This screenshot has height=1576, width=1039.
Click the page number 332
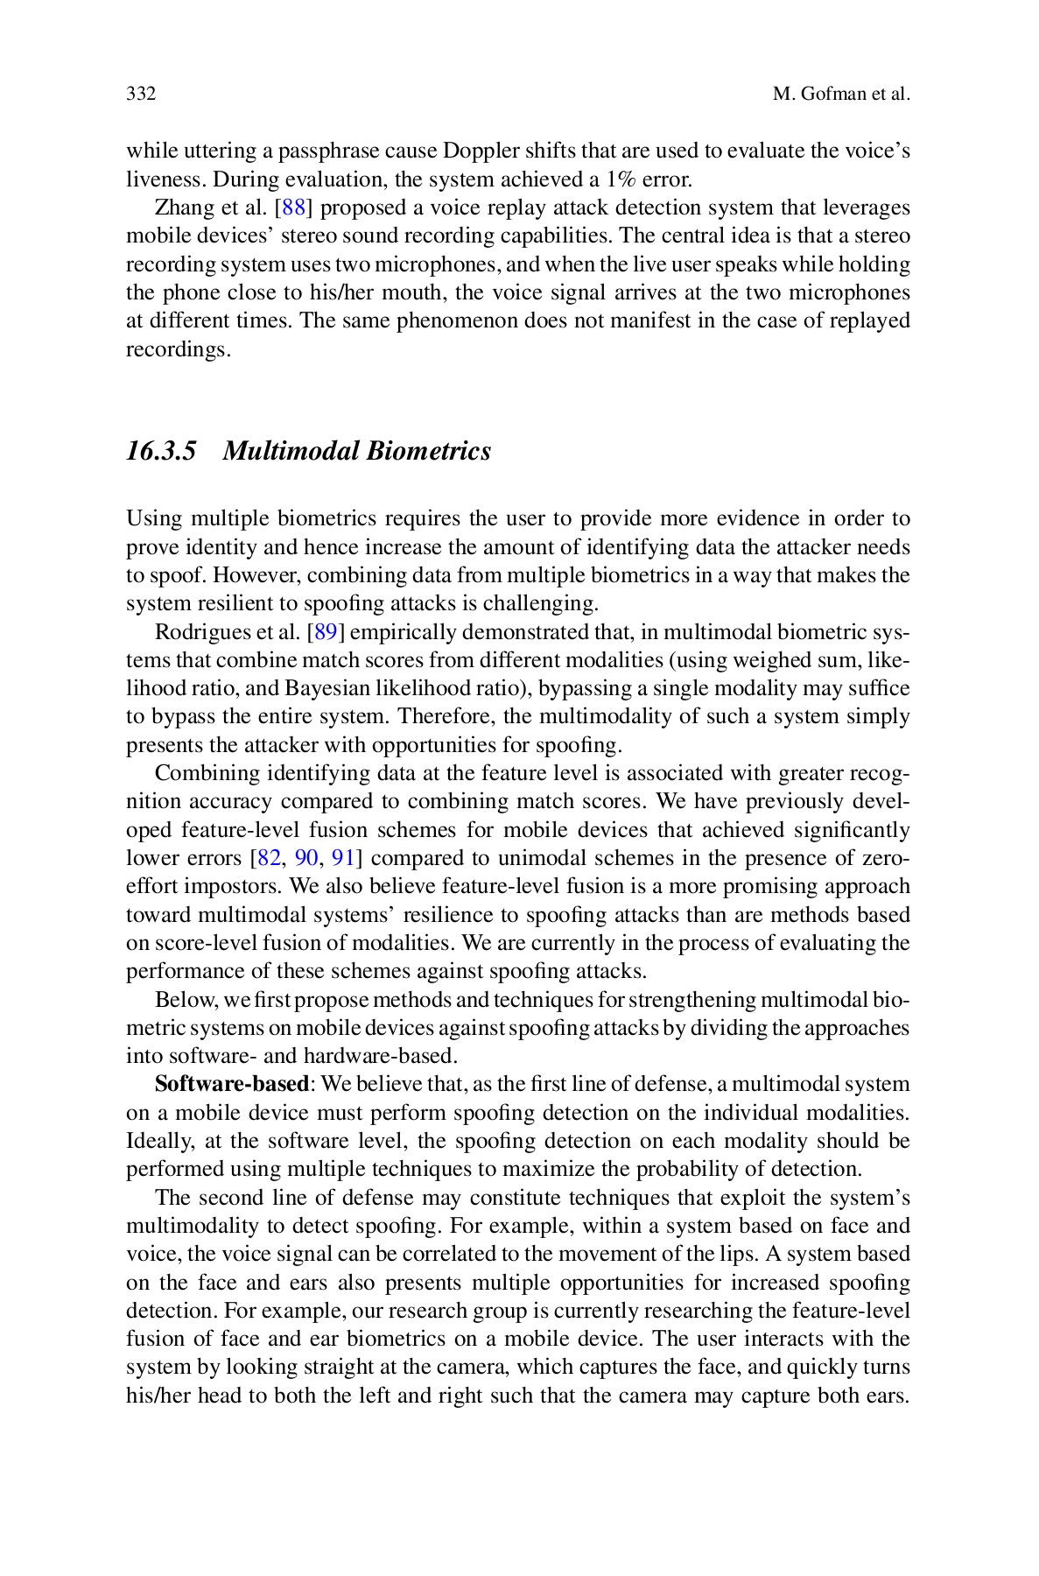click(141, 95)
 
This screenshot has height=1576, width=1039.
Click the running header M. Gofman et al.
click(842, 95)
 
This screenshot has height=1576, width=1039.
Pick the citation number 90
click(306, 858)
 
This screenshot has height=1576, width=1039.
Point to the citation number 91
click(344, 858)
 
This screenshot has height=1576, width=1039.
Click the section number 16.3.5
click(161, 452)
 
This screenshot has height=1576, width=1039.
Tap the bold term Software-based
click(231, 1084)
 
